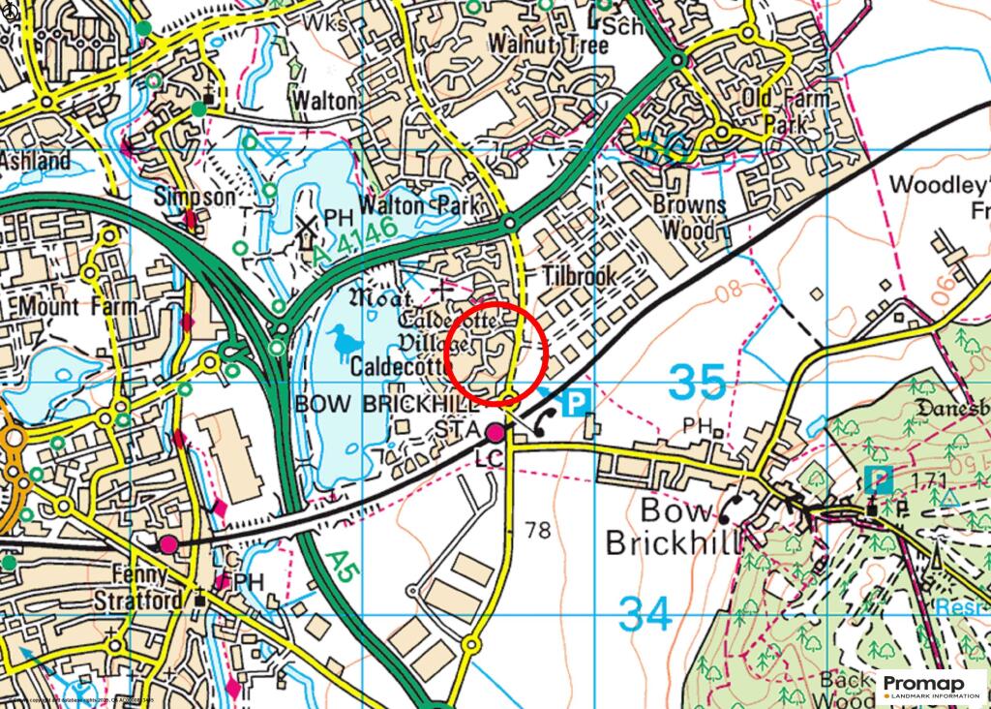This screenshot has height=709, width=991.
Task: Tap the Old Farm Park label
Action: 785,112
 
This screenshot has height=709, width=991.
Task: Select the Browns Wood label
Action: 689,218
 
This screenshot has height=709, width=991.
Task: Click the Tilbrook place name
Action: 579,277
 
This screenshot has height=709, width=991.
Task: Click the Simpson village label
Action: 195,197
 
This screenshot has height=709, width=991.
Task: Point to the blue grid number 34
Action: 645,613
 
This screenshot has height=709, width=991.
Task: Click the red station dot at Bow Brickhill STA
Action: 495,432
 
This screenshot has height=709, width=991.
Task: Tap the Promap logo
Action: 933,686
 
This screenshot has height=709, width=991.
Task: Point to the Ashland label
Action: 36,161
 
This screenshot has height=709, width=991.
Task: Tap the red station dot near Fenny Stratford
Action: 169,544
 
